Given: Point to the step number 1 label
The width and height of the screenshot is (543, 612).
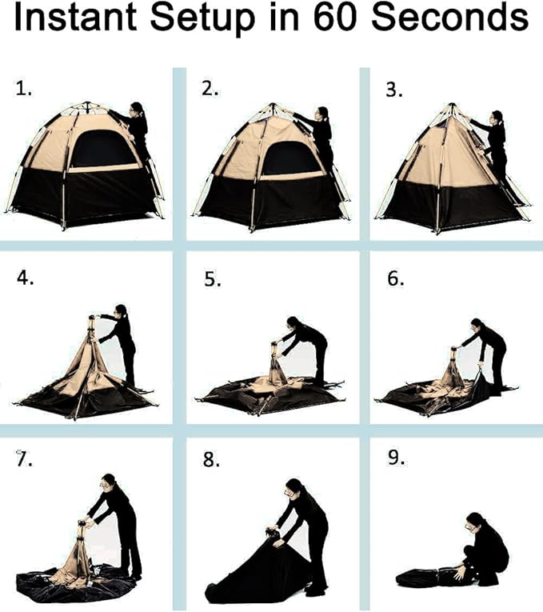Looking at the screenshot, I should tap(24, 90).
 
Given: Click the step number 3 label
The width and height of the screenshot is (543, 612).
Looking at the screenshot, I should tap(393, 90).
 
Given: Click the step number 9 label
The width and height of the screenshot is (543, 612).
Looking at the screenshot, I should tap(396, 461).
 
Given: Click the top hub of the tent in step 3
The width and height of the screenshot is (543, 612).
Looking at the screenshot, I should tap(453, 107).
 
